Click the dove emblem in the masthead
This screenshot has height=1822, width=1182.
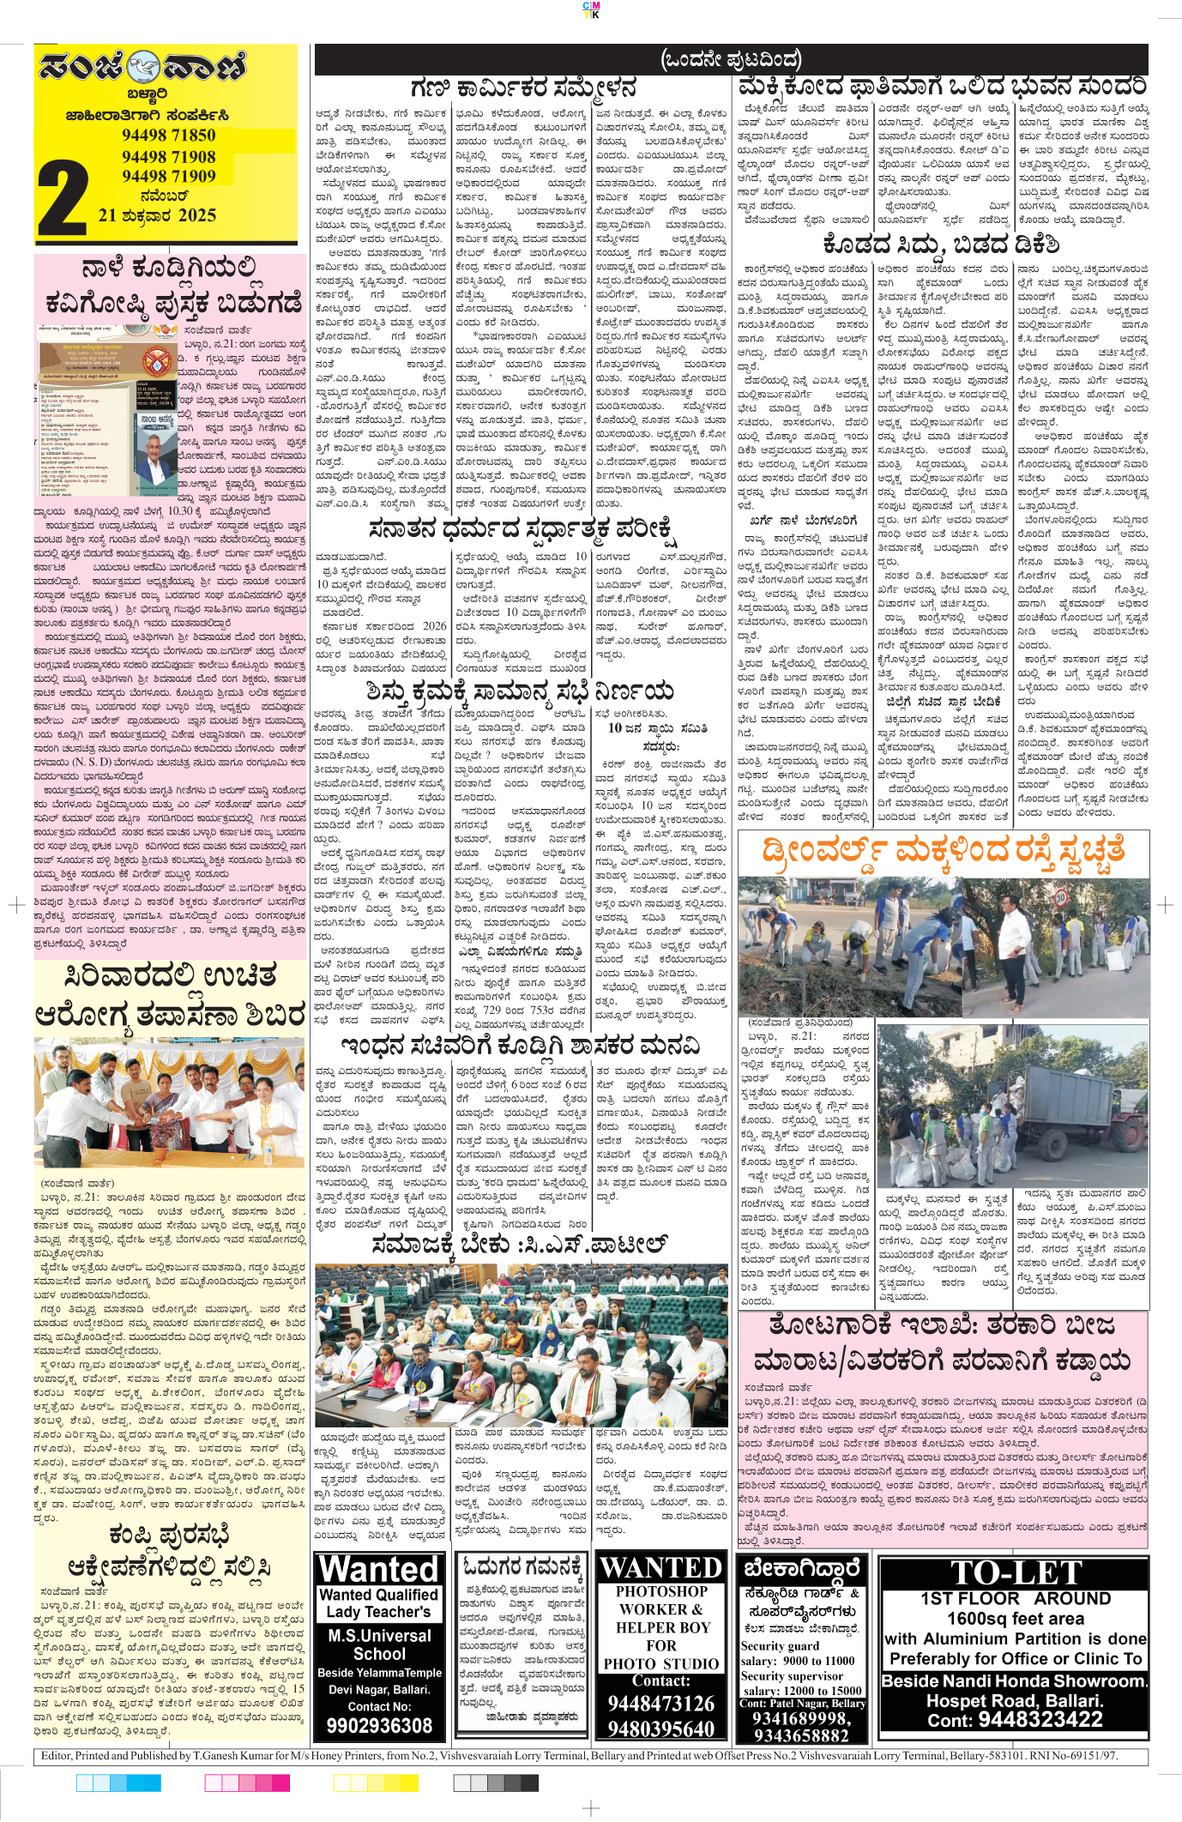144,66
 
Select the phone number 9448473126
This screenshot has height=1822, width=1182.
660,1703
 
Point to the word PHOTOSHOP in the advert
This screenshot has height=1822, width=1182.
661,1591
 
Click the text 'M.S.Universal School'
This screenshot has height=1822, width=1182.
379,1644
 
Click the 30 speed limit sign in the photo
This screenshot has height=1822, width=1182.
1060,897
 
